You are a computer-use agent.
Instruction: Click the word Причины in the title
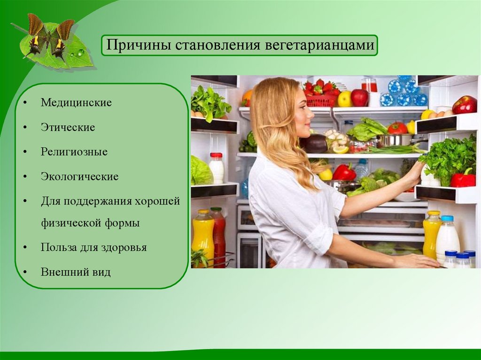139,45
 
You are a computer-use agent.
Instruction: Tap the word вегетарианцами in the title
319,46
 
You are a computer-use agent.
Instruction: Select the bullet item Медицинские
76,102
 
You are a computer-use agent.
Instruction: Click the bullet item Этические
68,127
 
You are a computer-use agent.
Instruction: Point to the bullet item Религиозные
74,152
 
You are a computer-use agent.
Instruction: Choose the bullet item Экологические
79,176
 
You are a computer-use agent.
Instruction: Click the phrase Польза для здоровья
93,247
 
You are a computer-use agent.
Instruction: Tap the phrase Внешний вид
76,272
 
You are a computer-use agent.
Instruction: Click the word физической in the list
71,222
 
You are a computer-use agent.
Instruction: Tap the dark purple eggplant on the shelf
313,144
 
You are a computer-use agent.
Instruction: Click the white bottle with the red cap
217,168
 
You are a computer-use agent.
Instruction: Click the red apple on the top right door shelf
465,105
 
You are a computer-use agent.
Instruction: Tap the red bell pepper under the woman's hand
463,179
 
